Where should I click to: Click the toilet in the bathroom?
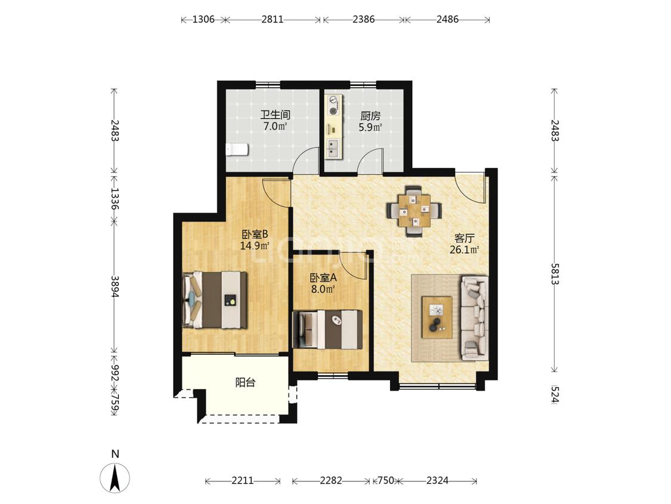click(x=237, y=149)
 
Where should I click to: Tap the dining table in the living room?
click(x=413, y=210)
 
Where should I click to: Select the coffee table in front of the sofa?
click(x=437, y=317)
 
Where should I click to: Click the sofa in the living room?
click(x=474, y=318)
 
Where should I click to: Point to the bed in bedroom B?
click(x=215, y=300)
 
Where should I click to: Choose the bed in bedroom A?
click(x=327, y=329)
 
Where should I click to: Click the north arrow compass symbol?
click(x=115, y=477)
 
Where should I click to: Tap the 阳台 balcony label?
click(x=246, y=382)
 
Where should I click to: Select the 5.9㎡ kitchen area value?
click(x=370, y=127)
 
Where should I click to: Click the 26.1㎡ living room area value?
click(x=464, y=250)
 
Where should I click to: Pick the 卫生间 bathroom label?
click(x=276, y=115)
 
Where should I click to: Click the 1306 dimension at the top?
click(x=203, y=19)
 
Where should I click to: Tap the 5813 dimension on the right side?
click(x=555, y=273)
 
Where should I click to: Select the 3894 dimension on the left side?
click(x=115, y=286)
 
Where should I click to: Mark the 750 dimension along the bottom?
click(x=385, y=481)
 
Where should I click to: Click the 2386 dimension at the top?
click(x=364, y=19)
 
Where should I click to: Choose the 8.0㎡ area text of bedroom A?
click(x=323, y=289)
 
